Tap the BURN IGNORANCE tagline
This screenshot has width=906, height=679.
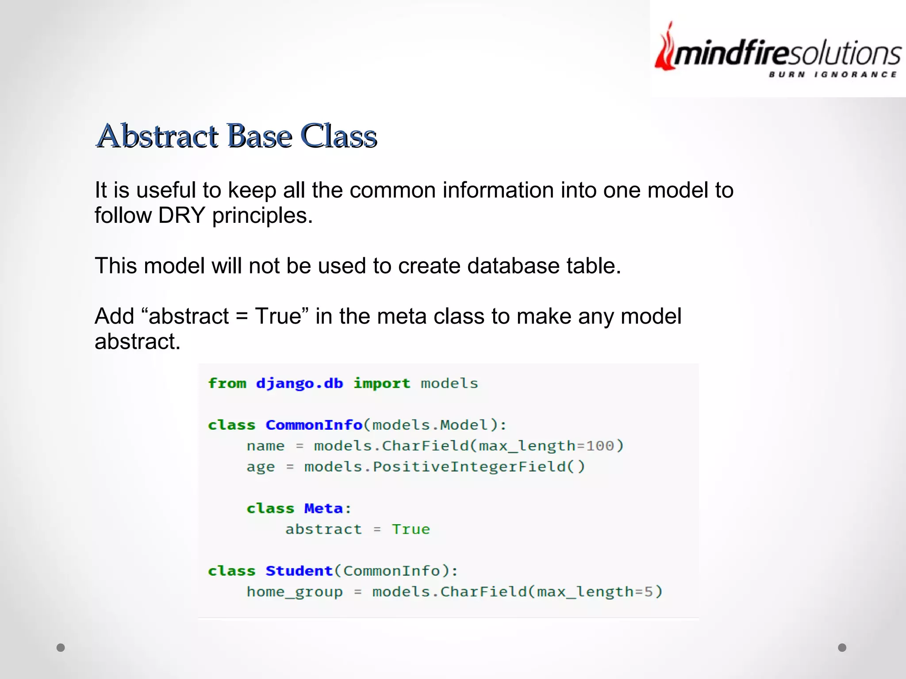pos(833,74)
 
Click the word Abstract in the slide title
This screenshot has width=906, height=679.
pos(157,136)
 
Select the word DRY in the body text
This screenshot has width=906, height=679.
pos(181,216)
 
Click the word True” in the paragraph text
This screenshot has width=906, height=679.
pos(281,317)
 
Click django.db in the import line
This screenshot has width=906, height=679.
pos(299,383)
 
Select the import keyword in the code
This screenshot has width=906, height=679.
pos(381,383)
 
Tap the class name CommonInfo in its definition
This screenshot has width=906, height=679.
pos(314,425)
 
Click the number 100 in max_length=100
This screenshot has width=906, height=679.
pos(600,446)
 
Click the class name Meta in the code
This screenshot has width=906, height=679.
pos(323,508)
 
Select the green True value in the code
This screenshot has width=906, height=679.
pos(411,529)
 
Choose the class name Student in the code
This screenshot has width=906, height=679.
pos(299,571)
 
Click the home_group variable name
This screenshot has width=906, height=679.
pos(295,592)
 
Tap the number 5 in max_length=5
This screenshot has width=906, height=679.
pos(648,592)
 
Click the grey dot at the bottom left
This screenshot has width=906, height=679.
pos(61,648)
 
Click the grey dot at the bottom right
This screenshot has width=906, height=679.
pos(842,648)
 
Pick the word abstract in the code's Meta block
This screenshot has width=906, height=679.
pos(323,529)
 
